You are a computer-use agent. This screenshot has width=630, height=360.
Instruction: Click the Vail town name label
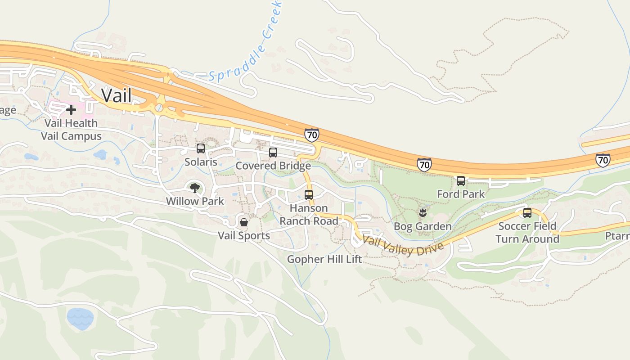(x=117, y=95)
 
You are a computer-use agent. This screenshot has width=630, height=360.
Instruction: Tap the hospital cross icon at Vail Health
(x=71, y=109)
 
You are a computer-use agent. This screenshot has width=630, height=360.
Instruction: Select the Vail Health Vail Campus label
(x=71, y=130)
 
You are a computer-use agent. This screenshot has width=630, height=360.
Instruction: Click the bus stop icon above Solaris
(x=201, y=148)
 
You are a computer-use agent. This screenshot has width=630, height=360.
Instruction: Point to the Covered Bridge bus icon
(x=273, y=152)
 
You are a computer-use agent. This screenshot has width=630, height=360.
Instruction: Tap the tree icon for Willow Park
(x=194, y=188)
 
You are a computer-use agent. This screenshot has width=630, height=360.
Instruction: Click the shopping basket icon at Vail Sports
(x=243, y=222)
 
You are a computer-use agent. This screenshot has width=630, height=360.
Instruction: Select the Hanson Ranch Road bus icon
(x=309, y=194)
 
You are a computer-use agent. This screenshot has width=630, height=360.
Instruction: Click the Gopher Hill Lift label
(x=324, y=259)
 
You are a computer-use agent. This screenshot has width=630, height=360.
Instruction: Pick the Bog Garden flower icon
(x=423, y=213)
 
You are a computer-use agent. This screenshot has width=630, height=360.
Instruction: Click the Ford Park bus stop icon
(x=461, y=180)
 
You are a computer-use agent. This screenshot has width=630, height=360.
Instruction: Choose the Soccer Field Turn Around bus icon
(x=527, y=212)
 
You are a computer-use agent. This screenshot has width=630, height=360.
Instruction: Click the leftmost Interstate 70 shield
(x=311, y=135)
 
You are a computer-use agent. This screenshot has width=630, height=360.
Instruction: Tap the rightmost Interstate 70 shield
(x=603, y=160)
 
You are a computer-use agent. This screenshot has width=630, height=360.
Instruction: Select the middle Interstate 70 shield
(x=424, y=165)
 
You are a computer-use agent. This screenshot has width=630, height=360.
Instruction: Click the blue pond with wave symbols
(x=80, y=319)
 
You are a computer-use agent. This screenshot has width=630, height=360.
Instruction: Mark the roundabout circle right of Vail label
(x=158, y=108)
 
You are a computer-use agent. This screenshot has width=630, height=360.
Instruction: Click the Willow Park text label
(x=195, y=201)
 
